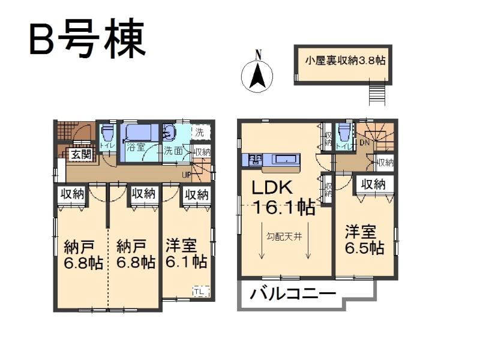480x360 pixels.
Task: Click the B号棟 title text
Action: (86, 40)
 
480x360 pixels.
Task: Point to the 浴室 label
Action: (134, 147)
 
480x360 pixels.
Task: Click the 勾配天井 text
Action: (284, 236)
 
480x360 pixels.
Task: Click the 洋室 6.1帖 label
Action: (186, 254)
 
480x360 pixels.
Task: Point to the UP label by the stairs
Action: (187, 175)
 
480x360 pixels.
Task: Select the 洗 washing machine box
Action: (200, 131)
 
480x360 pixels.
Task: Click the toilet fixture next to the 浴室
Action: (107, 134)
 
